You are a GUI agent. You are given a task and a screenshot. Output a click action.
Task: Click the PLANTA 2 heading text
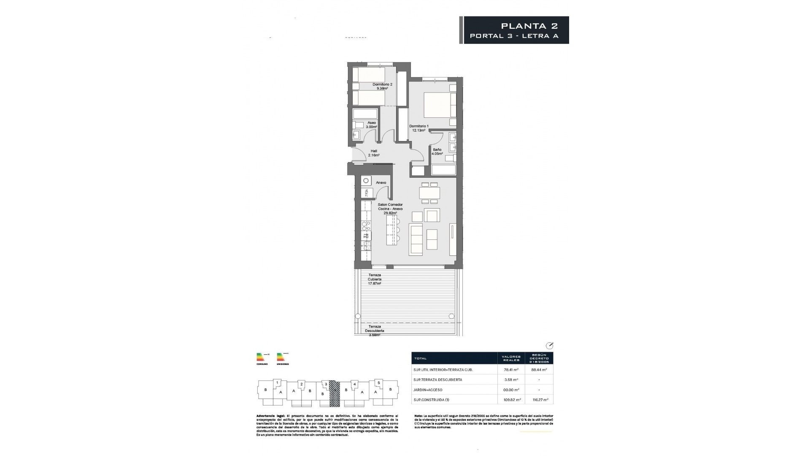coord(529,26)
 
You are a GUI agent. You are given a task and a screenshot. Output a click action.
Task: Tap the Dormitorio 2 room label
coord(382,87)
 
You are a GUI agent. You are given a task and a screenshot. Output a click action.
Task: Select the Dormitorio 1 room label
coord(419,128)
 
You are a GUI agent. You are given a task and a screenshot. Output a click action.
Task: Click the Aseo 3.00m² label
coord(371,125)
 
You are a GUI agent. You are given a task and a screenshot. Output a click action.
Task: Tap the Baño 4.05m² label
coord(437,152)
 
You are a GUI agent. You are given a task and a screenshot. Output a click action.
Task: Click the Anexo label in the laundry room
coord(381,183)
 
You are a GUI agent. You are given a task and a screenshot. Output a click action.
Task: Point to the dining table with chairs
coord(429,193)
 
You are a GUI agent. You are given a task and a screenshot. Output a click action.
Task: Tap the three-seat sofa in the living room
coord(416,240)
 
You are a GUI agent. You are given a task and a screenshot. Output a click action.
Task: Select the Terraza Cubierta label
coord(375,279)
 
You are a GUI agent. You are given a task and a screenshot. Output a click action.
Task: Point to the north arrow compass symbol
coord(549,345)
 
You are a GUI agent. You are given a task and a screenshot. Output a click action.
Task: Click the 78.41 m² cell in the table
coord(511,369)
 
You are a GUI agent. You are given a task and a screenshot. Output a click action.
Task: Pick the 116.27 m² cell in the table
coord(539,399)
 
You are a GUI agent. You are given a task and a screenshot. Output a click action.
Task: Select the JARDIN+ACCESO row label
coord(428,390)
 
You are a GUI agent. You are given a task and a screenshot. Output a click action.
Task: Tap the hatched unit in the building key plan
coord(334,393)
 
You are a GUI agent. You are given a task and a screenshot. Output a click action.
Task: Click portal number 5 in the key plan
coord(378,383)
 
